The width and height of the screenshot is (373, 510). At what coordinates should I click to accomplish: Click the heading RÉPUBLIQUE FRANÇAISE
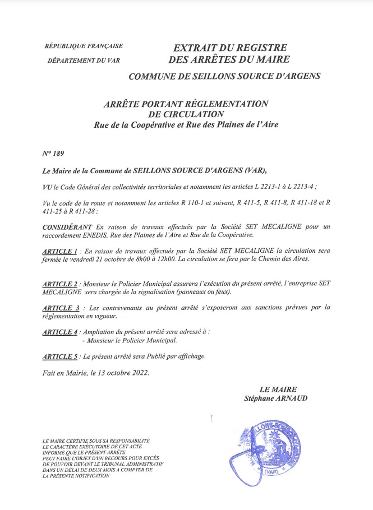[x=84, y=46]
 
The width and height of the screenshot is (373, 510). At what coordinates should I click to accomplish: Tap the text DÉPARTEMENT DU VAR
[x=84, y=59]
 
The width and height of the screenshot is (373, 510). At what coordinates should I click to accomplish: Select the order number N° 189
[x=53, y=153]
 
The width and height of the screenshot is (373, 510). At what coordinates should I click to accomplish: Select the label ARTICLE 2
[x=60, y=284]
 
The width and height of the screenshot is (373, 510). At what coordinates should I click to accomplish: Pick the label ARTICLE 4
[x=60, y=332]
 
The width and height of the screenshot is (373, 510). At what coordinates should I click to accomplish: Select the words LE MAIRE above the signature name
[x=278, y=389]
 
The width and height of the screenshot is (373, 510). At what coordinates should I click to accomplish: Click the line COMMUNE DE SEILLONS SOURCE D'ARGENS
[x=224, y=76]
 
